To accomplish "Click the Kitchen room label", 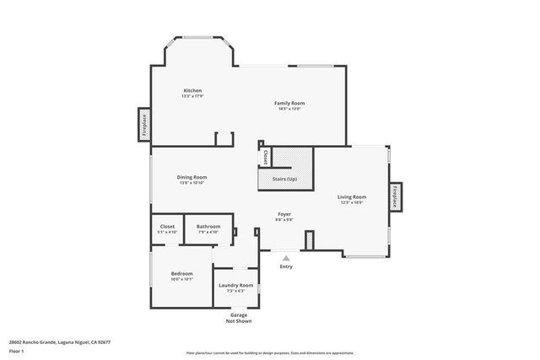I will tap(192, 90).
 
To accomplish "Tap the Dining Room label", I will tap(192, 177).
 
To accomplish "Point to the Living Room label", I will tap(352, 196).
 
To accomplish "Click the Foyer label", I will tap(284, 215).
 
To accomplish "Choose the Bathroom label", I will tap(208, 226).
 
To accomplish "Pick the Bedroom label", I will tap(182, 273).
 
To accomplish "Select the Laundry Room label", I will tap(235, 285).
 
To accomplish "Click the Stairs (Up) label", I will tap(284, 180).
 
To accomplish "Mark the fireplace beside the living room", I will tap(394, 196).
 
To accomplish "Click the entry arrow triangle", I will tap(286, 258).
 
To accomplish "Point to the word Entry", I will tap(286, 266).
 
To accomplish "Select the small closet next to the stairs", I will tap(265, 157).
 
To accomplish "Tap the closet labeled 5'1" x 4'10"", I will tap(167, 228).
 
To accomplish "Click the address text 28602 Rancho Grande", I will tap(60, 341).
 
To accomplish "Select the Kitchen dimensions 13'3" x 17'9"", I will tap(192, 96).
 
